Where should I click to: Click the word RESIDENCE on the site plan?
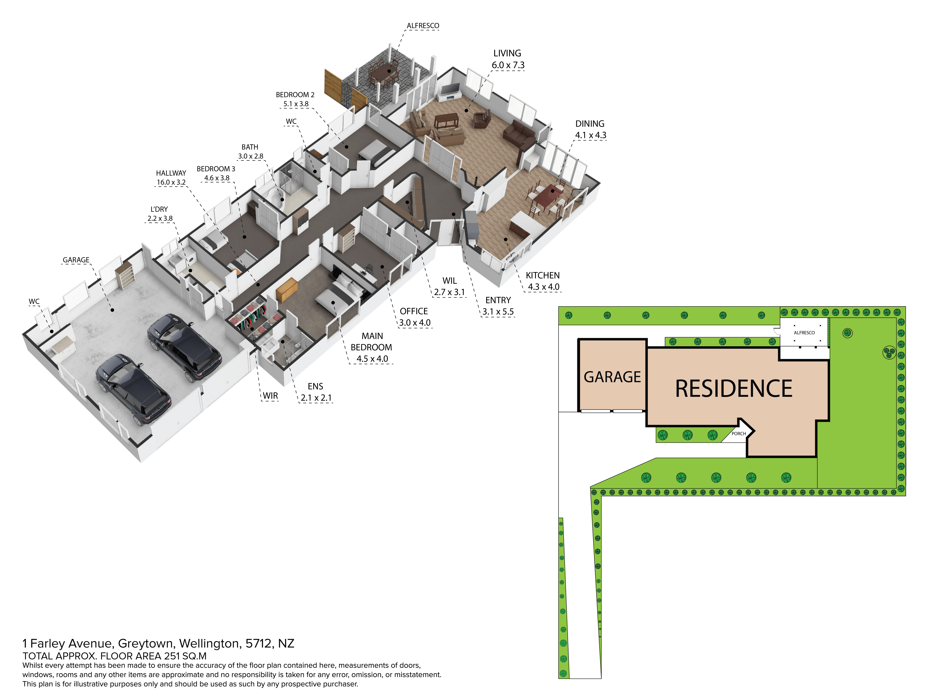coord(734,388)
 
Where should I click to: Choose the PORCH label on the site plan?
coord(739,434)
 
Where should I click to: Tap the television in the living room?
coord(450,89)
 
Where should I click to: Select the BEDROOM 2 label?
coord(295,95)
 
